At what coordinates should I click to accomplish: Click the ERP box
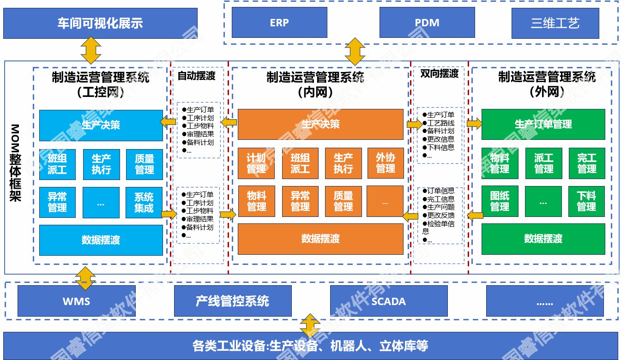(x=279, y=23)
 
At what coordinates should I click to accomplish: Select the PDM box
(x=427, y=23)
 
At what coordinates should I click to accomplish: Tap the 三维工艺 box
(x=555, y=23)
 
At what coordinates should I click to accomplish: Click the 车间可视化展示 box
(x=100, y=23)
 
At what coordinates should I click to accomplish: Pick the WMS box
(x=77, y=301)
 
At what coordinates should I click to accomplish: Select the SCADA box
(x=389, y=301)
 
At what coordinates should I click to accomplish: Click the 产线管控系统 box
(x=233, y=301)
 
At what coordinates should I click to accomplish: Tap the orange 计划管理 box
(x=256, y=163)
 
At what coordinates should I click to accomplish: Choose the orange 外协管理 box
(x=386, y=163)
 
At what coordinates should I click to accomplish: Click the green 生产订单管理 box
(x=543, y=124)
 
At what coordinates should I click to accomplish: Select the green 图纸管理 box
(x=500, y=202)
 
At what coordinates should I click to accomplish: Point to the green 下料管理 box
(x=586, y=202)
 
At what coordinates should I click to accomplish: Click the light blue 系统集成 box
(x=144, y=203)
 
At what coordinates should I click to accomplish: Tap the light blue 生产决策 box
(x=101, y=125)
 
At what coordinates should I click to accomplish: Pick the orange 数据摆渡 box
(x=320, y=239)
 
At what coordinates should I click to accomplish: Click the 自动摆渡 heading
(x=197, y=76)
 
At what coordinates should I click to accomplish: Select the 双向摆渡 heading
(x=439, y=74)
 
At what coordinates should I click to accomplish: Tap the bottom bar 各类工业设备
(x=310, y=346)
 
